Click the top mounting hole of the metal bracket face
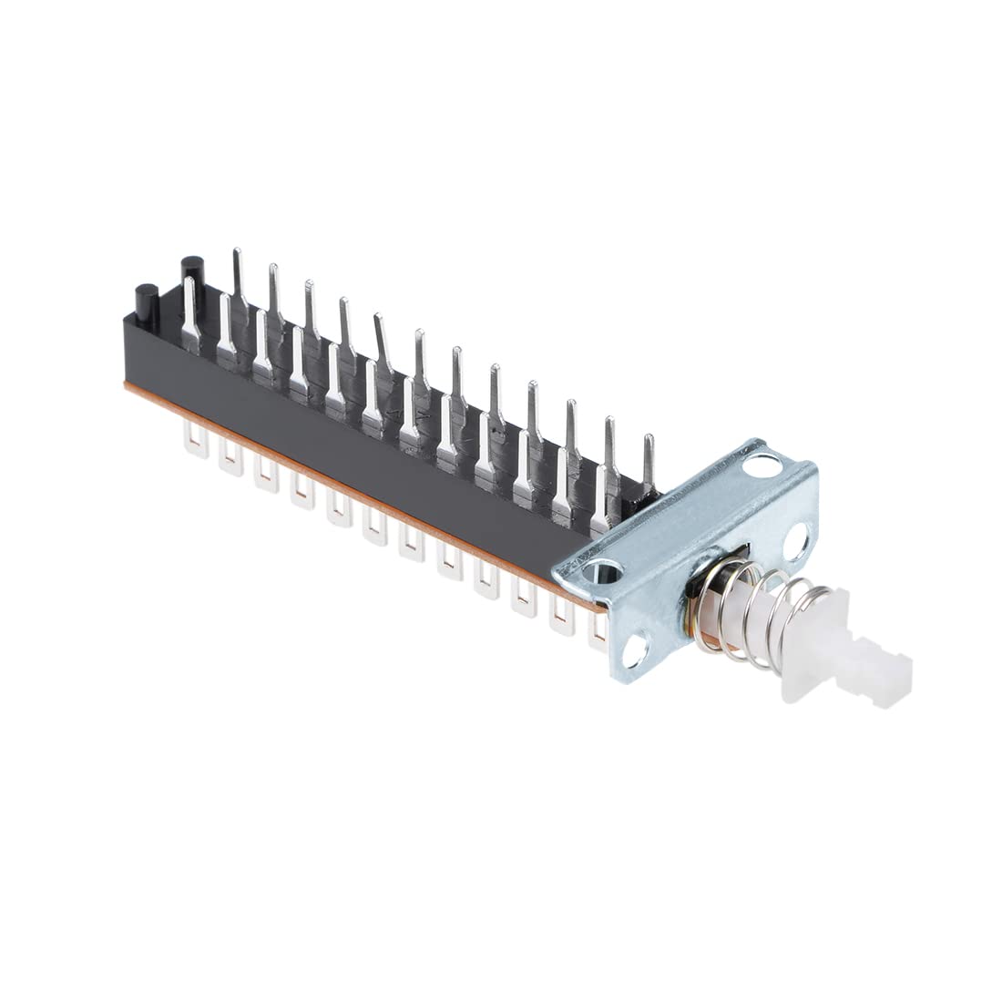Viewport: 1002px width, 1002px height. coord(763,467)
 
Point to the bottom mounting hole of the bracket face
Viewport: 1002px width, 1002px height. coord(635,649)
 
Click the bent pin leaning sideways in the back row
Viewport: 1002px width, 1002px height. coord(383,342)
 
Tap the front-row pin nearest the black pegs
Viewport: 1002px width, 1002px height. coord(190,314)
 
